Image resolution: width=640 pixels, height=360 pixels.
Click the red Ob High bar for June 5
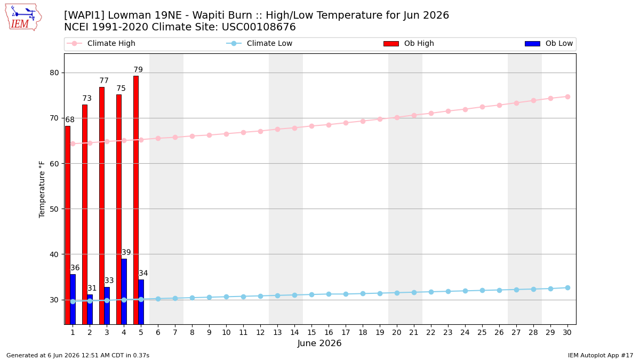click(136, 200)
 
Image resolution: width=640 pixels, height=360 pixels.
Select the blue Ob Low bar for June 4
click(124, 291)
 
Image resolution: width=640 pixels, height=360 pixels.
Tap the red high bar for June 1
click(68, 225)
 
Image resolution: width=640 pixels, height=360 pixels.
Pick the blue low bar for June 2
click(90, 309)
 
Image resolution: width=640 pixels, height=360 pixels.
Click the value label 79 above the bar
click(138, 69)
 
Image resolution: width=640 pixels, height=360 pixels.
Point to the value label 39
click(126, 252)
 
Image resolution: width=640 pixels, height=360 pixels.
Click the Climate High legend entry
click(101, 43)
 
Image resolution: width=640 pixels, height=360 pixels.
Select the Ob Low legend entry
click(549, 43)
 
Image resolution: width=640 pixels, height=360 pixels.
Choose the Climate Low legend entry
click(259, 43)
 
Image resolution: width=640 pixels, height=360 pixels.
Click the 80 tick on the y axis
click(54, 73)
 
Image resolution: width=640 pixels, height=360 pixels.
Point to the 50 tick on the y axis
click(54, 209)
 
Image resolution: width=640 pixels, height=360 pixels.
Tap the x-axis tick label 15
click(311, 332)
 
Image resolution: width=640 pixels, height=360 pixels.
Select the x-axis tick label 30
click(567, 332)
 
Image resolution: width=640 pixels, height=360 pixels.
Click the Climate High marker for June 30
click(567, 97)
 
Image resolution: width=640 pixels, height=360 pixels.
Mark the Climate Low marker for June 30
click(567, 287)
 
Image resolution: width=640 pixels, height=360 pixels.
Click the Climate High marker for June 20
click(397, 117)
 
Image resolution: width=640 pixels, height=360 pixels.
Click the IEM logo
click(23, 17)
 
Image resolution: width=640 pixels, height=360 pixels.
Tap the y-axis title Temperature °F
click(42, 189)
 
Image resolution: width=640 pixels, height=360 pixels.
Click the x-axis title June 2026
click(319, 343)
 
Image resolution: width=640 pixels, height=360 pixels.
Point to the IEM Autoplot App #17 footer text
click(601, 355)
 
